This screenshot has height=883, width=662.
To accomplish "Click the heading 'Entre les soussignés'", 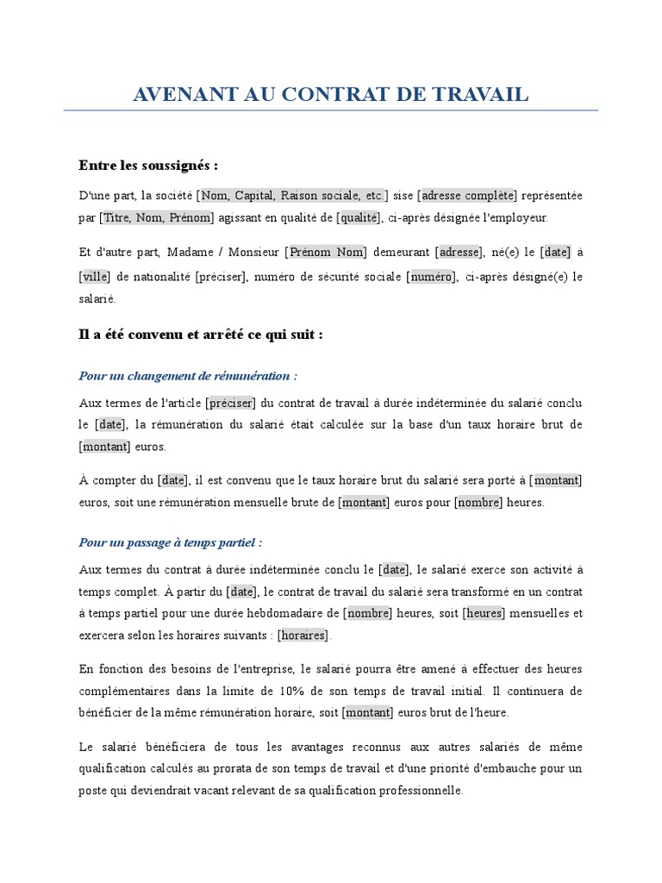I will click(148, 165).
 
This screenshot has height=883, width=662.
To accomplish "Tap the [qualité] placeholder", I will click(359, 218).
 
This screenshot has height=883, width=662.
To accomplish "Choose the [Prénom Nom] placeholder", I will click(327, 253).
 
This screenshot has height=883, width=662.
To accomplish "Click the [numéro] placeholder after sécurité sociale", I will click(431, 277).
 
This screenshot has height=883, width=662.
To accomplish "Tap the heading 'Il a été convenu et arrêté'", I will click(200, 335).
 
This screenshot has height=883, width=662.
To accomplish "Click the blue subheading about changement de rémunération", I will click(188, 377).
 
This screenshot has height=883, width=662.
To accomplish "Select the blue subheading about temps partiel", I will click(170, 543).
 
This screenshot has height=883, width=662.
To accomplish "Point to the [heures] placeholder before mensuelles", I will click(484, 614).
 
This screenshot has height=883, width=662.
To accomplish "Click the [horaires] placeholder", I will click(303, 636).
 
